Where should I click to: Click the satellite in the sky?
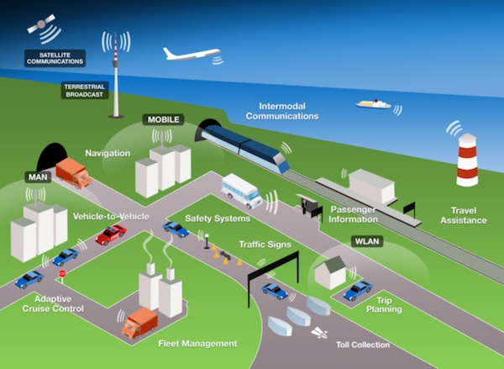pos(42,27)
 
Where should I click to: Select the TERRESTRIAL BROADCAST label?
pos(85,91)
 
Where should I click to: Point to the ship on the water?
pos(374,103)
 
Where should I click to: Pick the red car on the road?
pos(111,235)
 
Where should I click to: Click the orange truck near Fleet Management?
pos(139,322)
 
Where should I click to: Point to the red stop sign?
pos(61,274)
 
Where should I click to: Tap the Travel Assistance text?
pos(464,215)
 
